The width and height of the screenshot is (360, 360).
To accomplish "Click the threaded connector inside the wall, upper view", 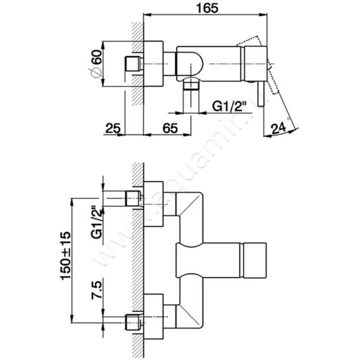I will pyautogui.click(x=132, y=64).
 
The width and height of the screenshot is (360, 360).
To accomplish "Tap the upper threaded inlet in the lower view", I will pyautogui.click(x=133, y=198).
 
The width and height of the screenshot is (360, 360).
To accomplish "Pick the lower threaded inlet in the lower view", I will pyautogui.click(x=133, y=321).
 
